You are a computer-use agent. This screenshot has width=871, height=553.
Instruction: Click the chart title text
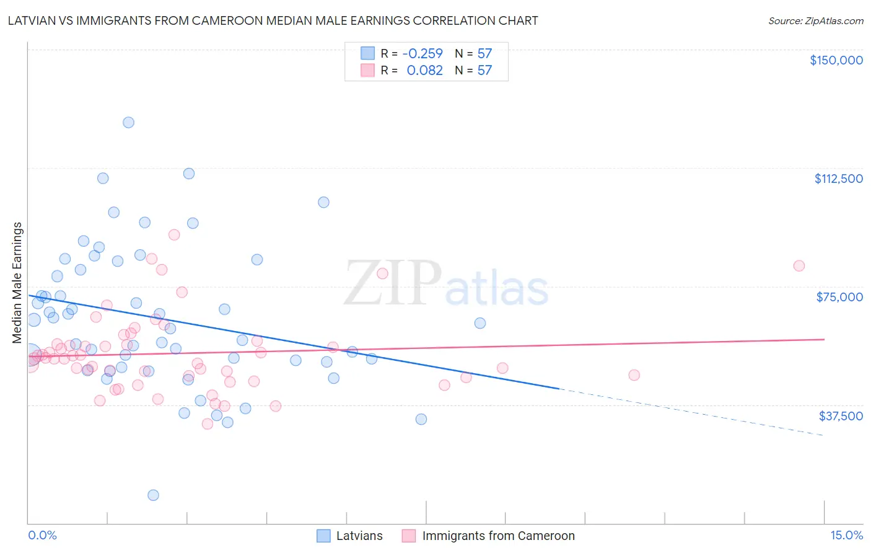pos(273,20)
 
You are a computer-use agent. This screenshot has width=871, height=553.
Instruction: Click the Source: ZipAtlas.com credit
pos(815,20)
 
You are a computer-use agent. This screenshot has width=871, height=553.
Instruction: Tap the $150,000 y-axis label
pos(836,60)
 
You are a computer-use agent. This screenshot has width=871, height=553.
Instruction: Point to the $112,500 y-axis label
pos(838,179)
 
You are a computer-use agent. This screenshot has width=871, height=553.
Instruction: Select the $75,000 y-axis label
pos(839,297)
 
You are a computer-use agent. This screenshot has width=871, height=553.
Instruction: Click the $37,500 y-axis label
pos(841,416)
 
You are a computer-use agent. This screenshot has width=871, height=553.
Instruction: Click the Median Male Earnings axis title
pos(17,283)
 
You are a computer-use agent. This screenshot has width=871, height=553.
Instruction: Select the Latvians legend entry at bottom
pos(359,536)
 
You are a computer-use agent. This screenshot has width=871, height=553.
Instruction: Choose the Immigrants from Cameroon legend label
pos(498,536)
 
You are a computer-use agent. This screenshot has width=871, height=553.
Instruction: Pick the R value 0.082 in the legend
pos(424,71)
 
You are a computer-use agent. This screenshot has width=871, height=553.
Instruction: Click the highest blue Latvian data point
pos(128,122)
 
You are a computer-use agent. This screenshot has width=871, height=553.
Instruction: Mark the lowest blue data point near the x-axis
pos(153,495)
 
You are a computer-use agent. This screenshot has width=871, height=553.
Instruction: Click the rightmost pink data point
pos(799,266)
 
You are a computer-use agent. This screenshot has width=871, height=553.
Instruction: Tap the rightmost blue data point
pos(479,323)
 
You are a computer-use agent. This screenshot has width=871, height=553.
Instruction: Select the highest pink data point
pos(174,235)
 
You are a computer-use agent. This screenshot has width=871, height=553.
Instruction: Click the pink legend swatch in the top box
pos(368,71)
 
